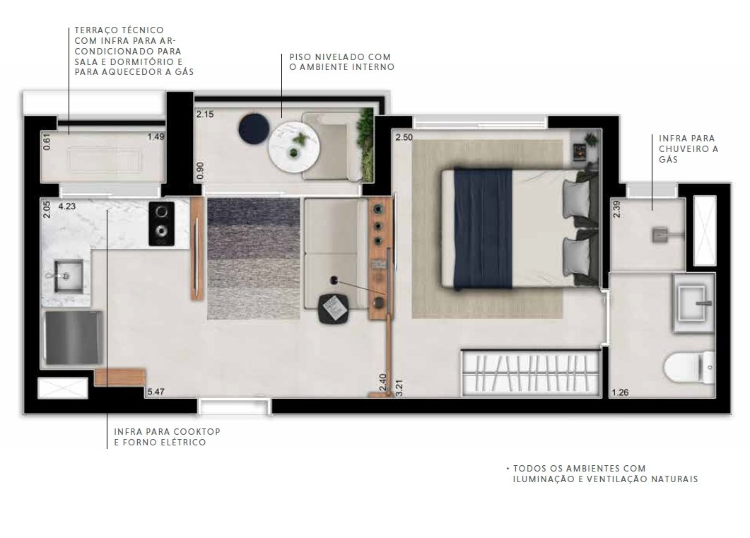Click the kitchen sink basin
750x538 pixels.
69,276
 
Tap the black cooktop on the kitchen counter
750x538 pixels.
162,224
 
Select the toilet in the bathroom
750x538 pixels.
689,368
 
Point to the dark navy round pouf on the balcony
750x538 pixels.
254,128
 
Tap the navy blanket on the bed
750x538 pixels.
483,228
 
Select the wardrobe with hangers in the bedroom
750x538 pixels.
531,373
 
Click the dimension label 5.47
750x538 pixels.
156,392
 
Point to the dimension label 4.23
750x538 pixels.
67,206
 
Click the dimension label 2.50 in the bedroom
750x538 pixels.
404,137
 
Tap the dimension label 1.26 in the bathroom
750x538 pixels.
621,392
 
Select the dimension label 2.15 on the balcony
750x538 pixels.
205,115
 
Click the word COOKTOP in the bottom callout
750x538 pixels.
197,431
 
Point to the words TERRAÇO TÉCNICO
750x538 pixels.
119,30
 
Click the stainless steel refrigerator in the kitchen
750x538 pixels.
74,338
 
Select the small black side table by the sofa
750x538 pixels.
334,309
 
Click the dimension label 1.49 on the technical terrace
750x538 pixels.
156,136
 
